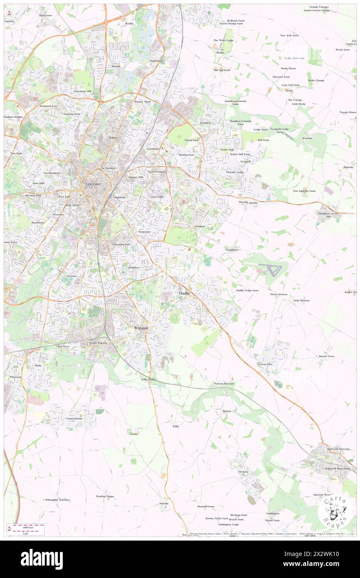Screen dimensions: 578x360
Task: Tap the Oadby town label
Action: click(x=185, y=294)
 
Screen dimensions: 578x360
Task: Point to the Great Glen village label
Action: click(x=266, y=364)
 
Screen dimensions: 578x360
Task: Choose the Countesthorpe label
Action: click(x=66, y=418)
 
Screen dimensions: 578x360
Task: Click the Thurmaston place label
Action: click(x=157, y=61)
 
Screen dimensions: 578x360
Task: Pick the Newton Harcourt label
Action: click(x=224, y=383)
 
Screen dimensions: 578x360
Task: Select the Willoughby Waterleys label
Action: click(x=57, y=499)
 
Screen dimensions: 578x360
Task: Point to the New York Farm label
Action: click(x=289, y=35)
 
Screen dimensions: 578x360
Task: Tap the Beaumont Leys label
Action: click(x=48, y=106)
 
